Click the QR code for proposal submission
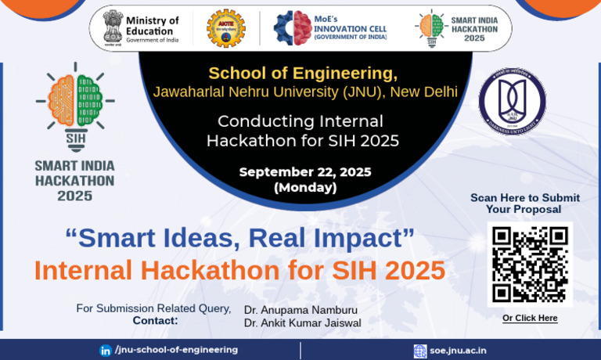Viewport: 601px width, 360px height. [x=530, y=264]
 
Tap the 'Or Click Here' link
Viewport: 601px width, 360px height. [x=530, y=319]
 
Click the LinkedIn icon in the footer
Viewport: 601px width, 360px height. [x=105, y=351]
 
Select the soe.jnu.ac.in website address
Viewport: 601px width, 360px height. [x=458, y=351]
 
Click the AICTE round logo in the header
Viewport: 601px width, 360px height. [x=226, y=29]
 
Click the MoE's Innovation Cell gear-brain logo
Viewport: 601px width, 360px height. [x=292, y=28]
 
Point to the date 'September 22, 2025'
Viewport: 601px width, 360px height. [x=305, y=171]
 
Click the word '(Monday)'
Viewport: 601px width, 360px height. [x=305, y=187]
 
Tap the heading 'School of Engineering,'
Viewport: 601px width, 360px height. [x=303, y=74]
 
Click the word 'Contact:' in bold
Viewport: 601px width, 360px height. [x=155, y=320]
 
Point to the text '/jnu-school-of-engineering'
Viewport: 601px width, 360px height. [x=176, y=350]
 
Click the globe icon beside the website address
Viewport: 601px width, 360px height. [x=420, y=351]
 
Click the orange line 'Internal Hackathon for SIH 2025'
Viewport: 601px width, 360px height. [x=239, y=271]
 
